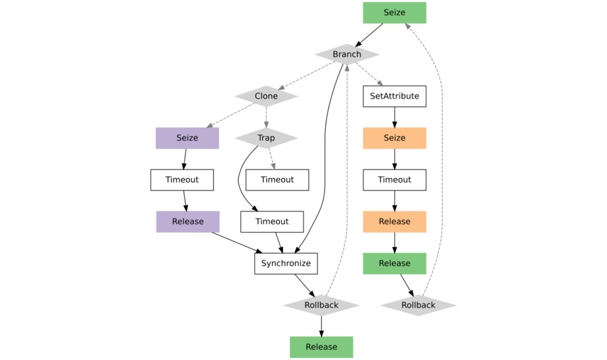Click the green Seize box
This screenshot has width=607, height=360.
(x=394, y=12)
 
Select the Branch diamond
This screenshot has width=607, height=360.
(x=347, y=54)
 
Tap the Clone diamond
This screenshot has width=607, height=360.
(x=266, y=96)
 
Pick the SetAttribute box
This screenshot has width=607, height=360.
(x=394, y=96)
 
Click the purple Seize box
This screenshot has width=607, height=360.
(x=187, y=138)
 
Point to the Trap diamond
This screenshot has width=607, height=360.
(x=266, y=138)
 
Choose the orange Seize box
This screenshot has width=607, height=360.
(x=394, y=138)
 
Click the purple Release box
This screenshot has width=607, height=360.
(x=188, y=221)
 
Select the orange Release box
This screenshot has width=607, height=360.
(x=394, y=221)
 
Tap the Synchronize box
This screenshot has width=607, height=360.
(x=286, y=263)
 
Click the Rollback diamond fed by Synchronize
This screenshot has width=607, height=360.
(x=321, y=305)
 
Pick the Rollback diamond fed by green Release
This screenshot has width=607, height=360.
(x=418, y=305)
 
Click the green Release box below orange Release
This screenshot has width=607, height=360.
(x=394, y=263)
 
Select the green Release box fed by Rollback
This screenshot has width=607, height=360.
(x=321, y=347)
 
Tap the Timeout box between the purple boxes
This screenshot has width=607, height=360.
(x=182, y=179)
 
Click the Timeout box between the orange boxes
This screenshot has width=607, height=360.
(x=394, y=179)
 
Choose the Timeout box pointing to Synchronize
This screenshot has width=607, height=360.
(x=272, y=221)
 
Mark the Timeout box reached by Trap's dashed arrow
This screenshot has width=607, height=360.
(x=277, y=179)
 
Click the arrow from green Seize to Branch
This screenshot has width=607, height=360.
(x=371, y=34)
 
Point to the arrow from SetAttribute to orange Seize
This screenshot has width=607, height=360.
(x=394, y=117)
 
